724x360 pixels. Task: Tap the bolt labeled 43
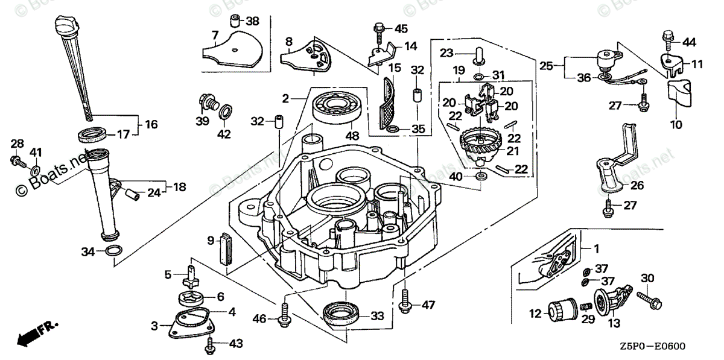(210, 345)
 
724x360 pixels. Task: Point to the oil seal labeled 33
(343, 314)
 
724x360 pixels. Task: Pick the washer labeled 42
(224, 112)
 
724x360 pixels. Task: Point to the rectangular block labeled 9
(227, 247)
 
